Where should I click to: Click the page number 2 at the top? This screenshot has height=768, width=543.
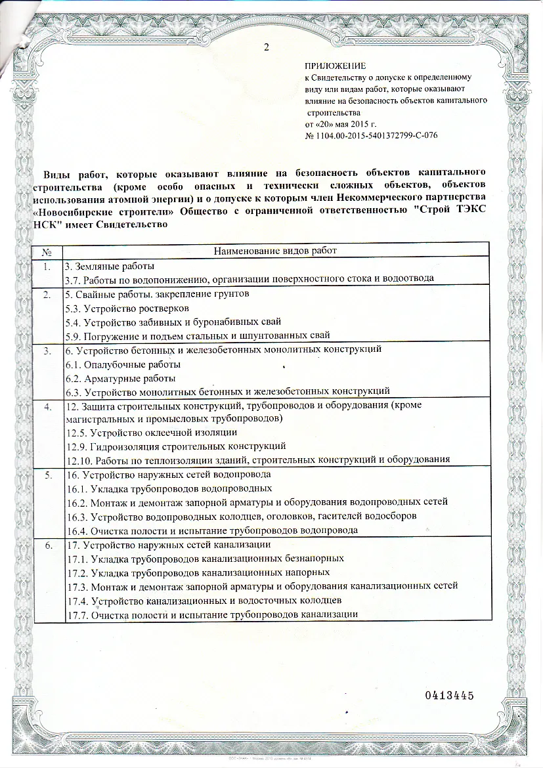click(x=265, y=46)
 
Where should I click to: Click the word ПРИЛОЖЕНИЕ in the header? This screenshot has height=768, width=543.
click(x=335, y=66)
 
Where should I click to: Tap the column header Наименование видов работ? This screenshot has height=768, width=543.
click(x=276, y=251)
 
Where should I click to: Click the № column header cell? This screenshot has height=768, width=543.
click(x=47, y=252)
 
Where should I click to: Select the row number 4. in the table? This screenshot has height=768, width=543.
click(x=47, y=406)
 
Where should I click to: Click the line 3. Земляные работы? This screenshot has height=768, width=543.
click(x=109, y=267)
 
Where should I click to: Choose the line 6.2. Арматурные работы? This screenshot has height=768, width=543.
click(x=121, y=378)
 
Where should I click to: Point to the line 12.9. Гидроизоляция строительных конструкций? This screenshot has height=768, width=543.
click(x=176, y=446)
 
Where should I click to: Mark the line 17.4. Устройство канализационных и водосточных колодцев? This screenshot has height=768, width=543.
click(x=204, y=601)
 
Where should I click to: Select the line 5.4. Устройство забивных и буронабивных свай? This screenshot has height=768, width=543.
click(x=174, y=322)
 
